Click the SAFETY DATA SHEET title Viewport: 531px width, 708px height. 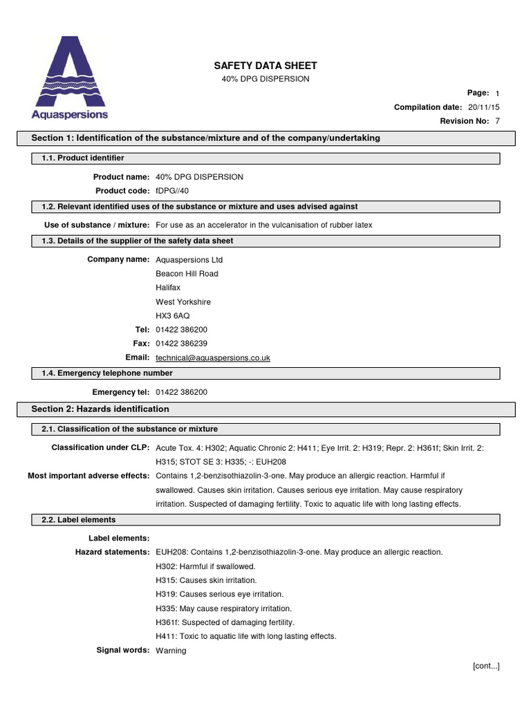tap(265, 66)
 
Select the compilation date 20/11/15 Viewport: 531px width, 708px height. tap(484, 107)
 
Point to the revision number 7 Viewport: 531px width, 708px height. tap(497, 121)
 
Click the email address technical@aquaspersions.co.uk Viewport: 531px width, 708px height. tap(213, 357)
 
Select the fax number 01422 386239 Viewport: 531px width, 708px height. tap(181, 344)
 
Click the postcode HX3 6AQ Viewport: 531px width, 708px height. tap(173, 316)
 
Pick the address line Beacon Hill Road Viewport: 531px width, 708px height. tap(187, 274)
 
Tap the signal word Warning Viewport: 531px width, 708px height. tap(171, 651)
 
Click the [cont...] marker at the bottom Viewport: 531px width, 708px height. tap(486, 666)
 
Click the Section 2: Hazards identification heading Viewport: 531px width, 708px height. tap(100, 409)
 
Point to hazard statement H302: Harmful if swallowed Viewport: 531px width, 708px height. tap(205, 566)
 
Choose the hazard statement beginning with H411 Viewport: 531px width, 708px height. tap(246, 636)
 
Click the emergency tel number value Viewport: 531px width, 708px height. tap(181, 392)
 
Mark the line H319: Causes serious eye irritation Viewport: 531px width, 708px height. tap(220, 594)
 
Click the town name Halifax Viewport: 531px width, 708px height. tap(168, 288)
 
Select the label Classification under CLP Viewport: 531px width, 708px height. tap(100, 448)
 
